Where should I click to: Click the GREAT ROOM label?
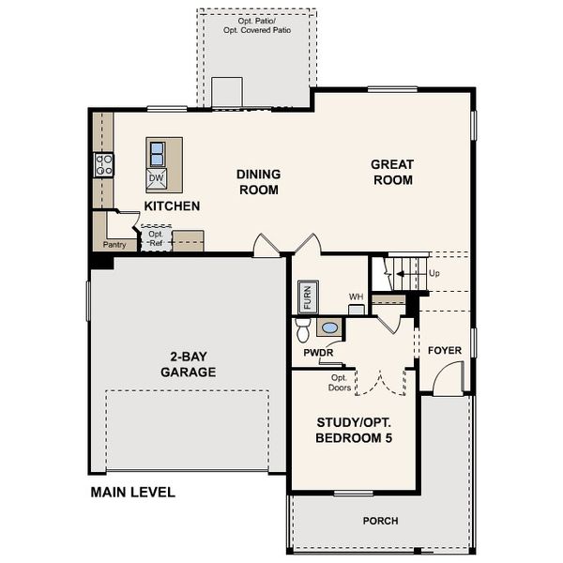[x=392, y=172]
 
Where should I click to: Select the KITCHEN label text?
[x=171, y=205]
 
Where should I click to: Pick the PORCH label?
[x=380, y=521]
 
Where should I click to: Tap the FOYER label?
[x=445, y=350]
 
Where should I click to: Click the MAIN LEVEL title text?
[x=132, y=492]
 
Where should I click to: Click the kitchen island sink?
[x=158, y=151]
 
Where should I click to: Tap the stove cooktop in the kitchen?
[x=103, y=166]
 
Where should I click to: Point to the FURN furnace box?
[x=307, y=297]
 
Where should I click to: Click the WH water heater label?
[x=356, y=297]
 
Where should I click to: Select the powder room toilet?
[x=303, y=329]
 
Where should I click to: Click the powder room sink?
[x=330, y=328]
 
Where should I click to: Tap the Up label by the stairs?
[x=434, y=273]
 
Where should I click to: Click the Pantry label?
[x=114, y=245]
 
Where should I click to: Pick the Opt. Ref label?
[x=155, y=238]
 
